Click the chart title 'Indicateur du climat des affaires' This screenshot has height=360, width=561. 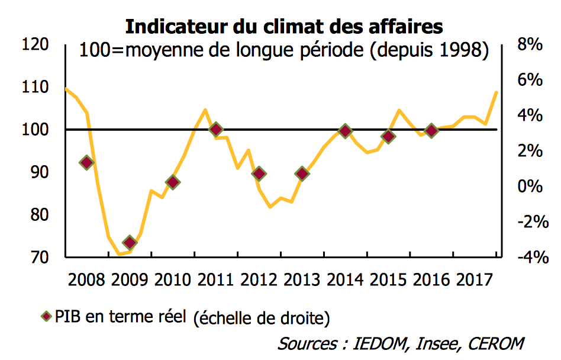point(283,27)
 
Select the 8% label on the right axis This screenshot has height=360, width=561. point(530,45)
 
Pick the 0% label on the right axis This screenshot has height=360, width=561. point(530,187)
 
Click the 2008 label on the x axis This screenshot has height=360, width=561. point(87,279)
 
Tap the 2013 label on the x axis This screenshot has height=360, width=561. point(302,279)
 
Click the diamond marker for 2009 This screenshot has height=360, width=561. point(130,242)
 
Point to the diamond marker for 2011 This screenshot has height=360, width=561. point(216,129)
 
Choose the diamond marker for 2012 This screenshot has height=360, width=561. point(259,173)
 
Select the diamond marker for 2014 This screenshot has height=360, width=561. point(346,131)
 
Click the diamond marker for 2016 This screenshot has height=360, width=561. point(432,131)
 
